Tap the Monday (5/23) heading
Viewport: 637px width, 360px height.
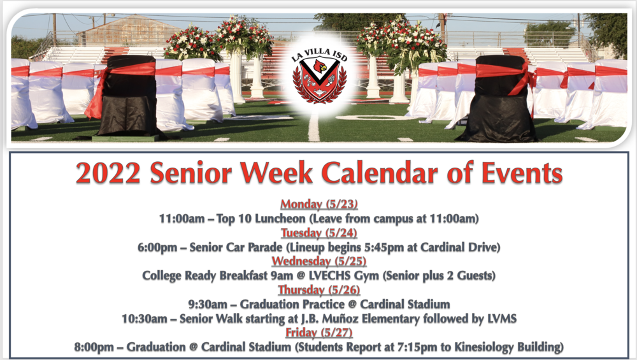tap(319, 205)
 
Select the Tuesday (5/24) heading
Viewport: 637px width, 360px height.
tap(319, 233)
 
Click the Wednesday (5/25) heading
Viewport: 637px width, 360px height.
tap(319, 261)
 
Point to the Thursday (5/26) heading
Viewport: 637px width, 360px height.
tap(319, 290)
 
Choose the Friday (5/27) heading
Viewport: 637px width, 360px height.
tap(319, 333)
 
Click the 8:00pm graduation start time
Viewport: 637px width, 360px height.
tap(96, 347)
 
